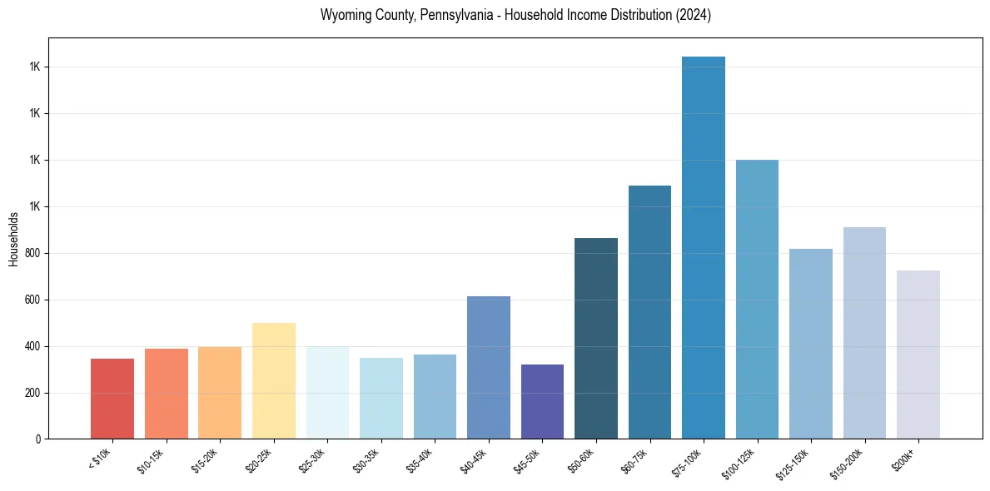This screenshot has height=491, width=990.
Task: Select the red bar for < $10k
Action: pyautogui.click(x=112, y=399)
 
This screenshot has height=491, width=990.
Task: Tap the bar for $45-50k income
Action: pyautogui.click(x=542, y=401)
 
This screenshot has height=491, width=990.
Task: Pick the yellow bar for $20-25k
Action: pyautogui.click(x=274, y=381)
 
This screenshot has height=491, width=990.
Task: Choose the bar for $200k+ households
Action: pyautogui.click(x=918, y=355)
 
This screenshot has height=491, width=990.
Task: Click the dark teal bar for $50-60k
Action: pyautogui.click(x=596, y=339)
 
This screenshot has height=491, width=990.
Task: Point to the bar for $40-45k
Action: pyautogui.click(x=489, y=368)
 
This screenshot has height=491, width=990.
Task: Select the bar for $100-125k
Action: pyautogui.click(x=757, y=300)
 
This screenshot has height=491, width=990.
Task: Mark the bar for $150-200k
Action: pyautogui.click(x=864, y=333)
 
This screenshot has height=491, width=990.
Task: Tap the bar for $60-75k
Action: pyautogui.click(x=649, y=312)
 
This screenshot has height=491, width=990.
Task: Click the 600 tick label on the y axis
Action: pyautogui.click(x=34, y=300)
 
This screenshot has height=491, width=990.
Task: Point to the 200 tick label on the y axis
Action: pyautogui.click(x=34, y=393)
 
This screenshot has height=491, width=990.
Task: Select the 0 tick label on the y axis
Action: pyautogui.click(x=38, y=439)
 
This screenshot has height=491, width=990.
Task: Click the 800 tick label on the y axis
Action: pyautogui.click(x=34, y=253)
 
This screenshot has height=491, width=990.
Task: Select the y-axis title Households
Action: pyautogui.click(x=14, y=239)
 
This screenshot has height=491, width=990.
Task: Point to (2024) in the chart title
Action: pyautogui.click(x=693, y=16)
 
